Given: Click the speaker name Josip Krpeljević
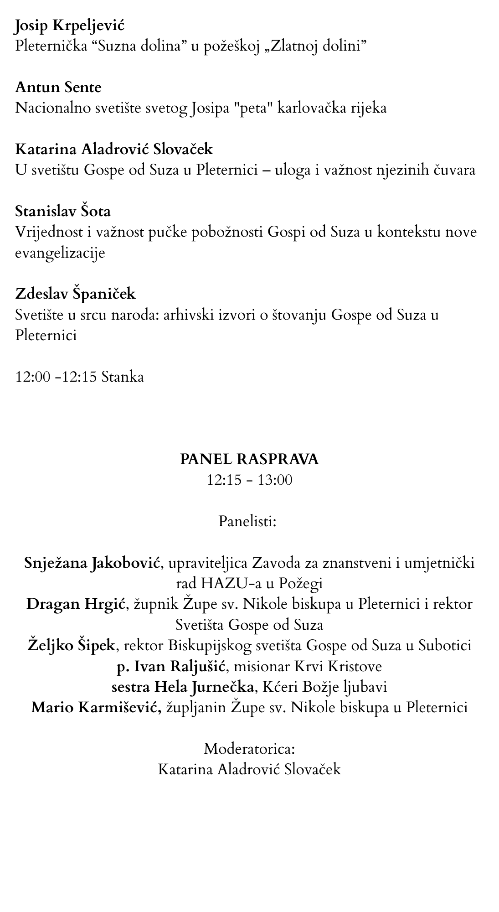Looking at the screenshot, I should (x=69, y=26).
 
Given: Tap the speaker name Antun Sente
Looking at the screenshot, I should (x=58, y=87).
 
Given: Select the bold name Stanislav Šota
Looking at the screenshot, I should (x=63, y=211).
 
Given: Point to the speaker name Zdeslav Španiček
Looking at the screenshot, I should (x=75, y=293).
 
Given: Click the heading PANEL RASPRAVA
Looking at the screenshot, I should (x=249, y=459).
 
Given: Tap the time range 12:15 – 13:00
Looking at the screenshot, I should (x=249, y=480).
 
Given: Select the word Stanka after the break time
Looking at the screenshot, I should (x=123, y=377).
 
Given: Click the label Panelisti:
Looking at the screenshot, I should (x=247, y=521).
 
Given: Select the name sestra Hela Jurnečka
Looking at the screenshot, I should (x=183, y=687).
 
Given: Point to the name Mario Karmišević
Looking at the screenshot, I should (x=96, y=708).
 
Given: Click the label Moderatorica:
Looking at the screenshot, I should (x=249, y=749).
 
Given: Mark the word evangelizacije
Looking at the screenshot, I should (x=60, y=253).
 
